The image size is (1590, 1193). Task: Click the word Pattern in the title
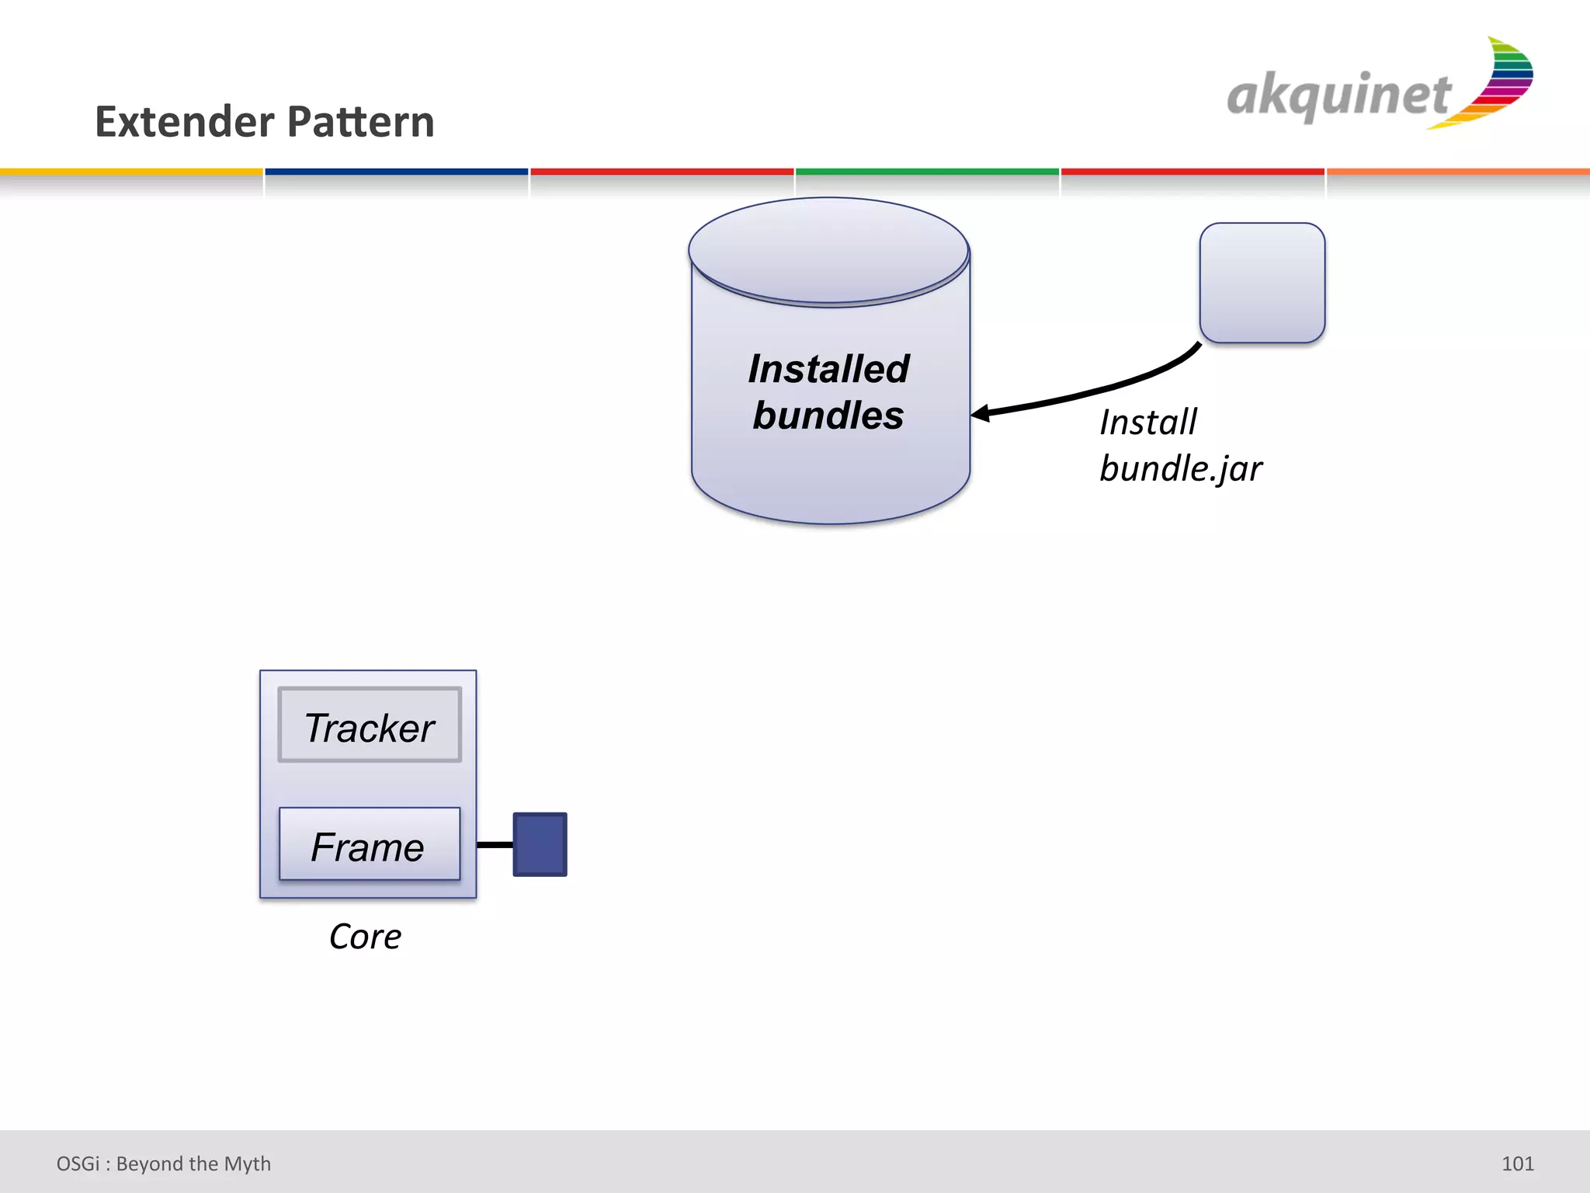361,122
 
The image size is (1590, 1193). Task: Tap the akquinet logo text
1338,96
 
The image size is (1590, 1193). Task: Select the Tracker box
370,725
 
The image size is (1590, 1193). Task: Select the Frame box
370,845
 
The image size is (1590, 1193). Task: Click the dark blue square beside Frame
540,844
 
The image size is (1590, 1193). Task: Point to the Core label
365,937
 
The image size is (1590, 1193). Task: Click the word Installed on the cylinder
828,369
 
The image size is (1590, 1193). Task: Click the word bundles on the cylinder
828,416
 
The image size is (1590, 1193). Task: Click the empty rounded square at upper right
1262,283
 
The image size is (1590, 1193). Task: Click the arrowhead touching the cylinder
981,413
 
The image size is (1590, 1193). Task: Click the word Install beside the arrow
1148,423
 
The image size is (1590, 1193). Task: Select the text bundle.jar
1180,469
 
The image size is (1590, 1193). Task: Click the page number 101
1517,1163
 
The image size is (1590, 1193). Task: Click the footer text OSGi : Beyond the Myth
164,1163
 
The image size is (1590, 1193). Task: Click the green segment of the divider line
927,172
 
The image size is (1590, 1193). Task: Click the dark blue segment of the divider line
396,172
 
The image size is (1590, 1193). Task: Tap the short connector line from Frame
495,844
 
